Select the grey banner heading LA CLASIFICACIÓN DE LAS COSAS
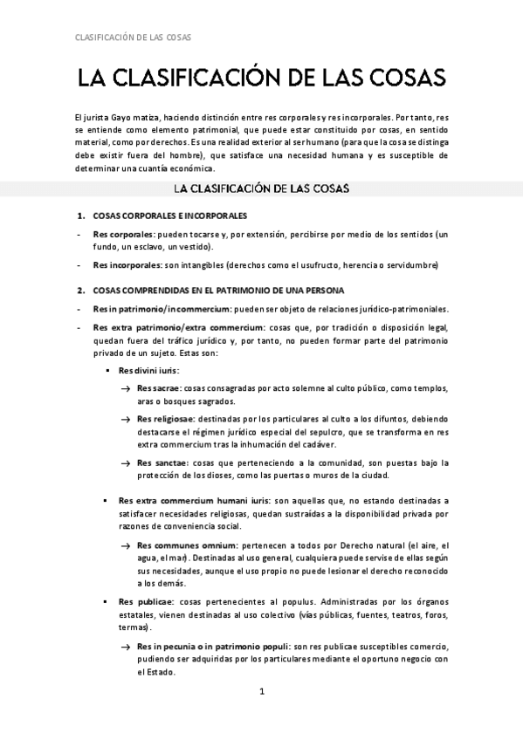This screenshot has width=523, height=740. coord(261,188)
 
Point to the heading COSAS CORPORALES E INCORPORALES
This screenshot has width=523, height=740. coord(169,216)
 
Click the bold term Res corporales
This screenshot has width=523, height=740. coord(122,234)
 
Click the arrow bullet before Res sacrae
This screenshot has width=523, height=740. coord(126,389)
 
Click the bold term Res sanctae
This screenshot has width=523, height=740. coord(159,462)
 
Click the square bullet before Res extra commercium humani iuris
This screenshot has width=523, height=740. coord(105,502)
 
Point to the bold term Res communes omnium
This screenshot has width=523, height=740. coord(180,543)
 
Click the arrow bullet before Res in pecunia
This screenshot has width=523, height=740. coord(126,646)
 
